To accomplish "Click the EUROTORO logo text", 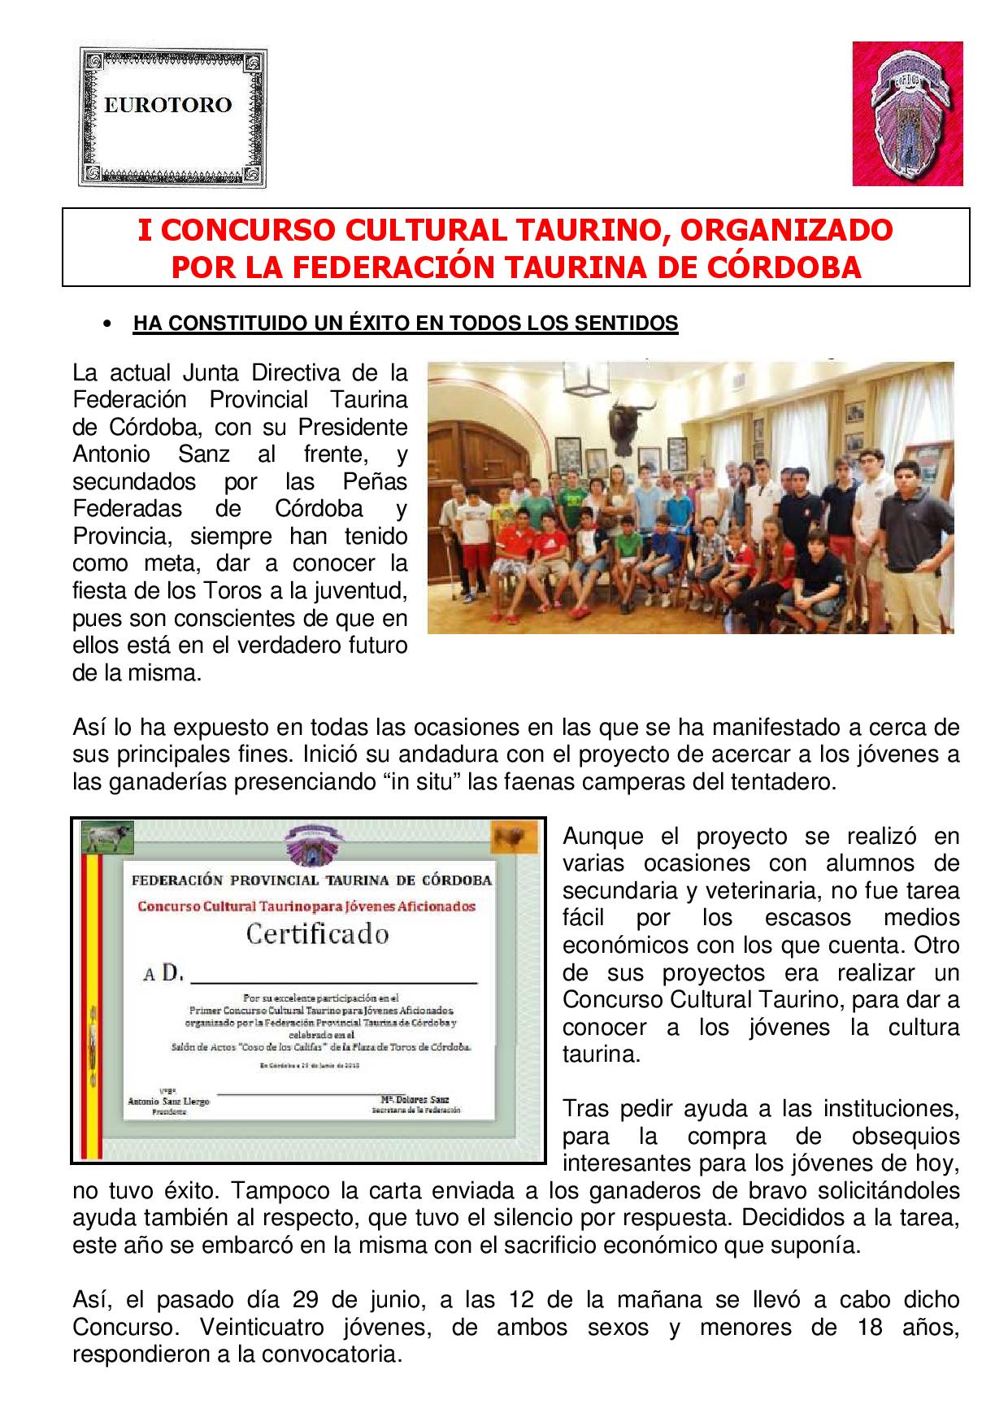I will pos(168,105).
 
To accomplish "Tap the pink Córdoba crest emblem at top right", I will pos(907,114).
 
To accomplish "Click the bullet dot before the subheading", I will pos(106,324).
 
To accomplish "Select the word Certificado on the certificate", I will pos(317,934).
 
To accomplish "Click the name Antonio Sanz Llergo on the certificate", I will pos(168,1101).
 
